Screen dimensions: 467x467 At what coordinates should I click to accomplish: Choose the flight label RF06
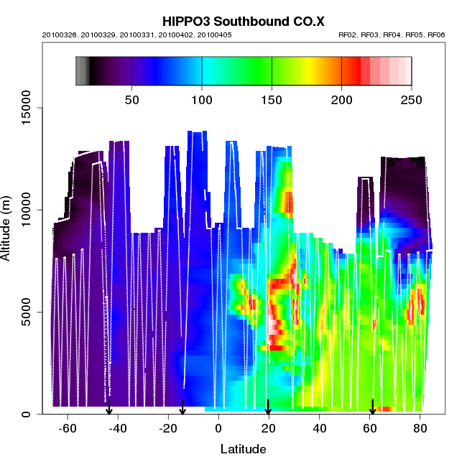click(x=435, y=35)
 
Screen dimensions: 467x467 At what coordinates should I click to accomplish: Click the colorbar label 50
click(x=131, y=100)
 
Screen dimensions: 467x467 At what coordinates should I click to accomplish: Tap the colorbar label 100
click(x=202, y=100)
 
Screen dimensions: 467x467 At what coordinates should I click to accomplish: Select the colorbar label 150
click(x=272, y=100)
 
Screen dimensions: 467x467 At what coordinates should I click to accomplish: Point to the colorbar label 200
click(x=342, y=100)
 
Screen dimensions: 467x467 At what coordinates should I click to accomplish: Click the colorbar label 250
click(x=412, y=100)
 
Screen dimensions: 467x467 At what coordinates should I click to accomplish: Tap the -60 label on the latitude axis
click(x=68, y=430)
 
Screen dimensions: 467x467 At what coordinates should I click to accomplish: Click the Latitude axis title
click(x=243, y=450)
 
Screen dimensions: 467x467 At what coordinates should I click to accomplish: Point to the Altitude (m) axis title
click(x=9, y=227)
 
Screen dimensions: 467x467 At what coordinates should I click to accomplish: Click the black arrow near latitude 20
click(x=268, y=407)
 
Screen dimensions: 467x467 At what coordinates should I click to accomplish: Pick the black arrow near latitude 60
click(x=372, y=407)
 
